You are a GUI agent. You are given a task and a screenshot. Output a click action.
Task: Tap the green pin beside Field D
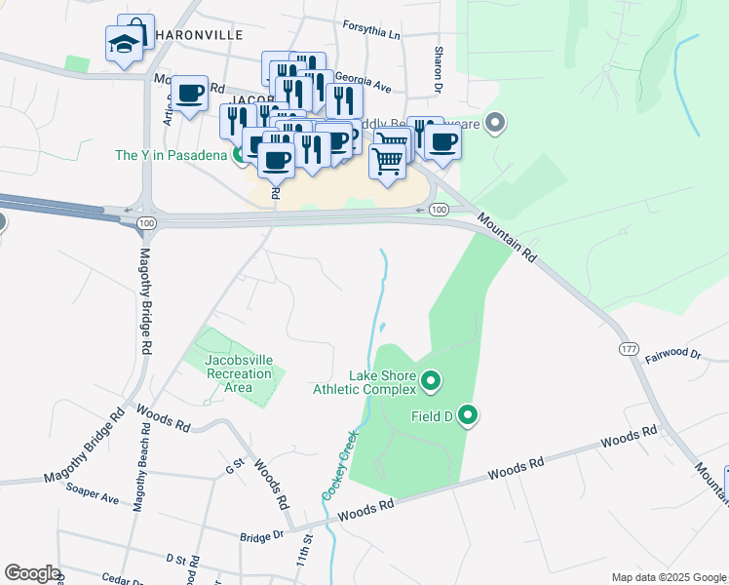point(468,416)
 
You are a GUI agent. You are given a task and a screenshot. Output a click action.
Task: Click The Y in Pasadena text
point(172,155)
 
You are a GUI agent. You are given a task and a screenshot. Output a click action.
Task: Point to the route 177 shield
point(627,349)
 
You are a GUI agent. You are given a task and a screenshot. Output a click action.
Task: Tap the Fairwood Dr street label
point(673,356)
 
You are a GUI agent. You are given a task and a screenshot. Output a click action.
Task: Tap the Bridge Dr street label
point(263,535)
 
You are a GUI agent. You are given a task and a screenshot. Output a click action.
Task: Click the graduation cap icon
point(124,43)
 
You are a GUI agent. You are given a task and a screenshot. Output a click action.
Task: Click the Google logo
point(32,573)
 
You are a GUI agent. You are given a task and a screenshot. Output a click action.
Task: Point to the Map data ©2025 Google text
point(669,577)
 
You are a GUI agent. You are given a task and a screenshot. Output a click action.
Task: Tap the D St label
point(175,560)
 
